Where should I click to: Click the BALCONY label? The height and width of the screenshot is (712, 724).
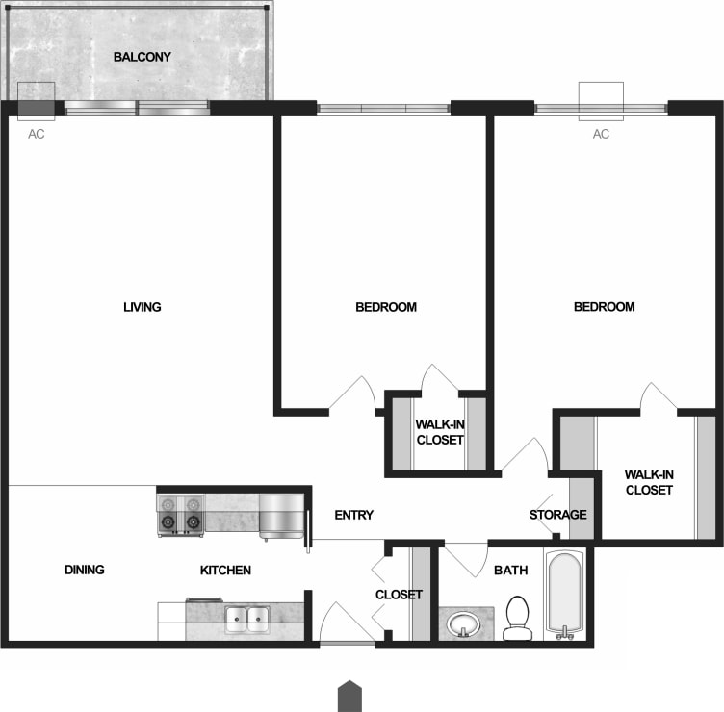142,57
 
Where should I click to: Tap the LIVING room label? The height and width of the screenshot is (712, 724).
142,307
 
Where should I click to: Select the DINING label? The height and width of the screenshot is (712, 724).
84,570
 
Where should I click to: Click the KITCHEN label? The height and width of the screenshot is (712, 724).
225,571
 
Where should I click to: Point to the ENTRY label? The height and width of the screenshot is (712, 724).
353,515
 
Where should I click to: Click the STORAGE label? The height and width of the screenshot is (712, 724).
557,515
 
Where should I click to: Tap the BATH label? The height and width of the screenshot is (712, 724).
510,570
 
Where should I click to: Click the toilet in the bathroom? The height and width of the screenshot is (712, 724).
517,617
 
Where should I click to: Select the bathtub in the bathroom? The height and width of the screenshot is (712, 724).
565,593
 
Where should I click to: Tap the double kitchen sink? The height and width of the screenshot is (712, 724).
246,619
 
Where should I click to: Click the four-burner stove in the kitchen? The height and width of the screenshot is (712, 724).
181,514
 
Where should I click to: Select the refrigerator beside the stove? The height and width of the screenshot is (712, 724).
280,514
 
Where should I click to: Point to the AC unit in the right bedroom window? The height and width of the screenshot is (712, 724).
601,101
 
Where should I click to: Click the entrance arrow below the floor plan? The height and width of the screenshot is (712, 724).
349,695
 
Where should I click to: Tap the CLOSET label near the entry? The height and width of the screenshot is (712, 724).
399,595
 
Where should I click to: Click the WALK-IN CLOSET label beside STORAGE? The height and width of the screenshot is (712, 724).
648,481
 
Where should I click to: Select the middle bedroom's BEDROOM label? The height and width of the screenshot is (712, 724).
386,307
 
